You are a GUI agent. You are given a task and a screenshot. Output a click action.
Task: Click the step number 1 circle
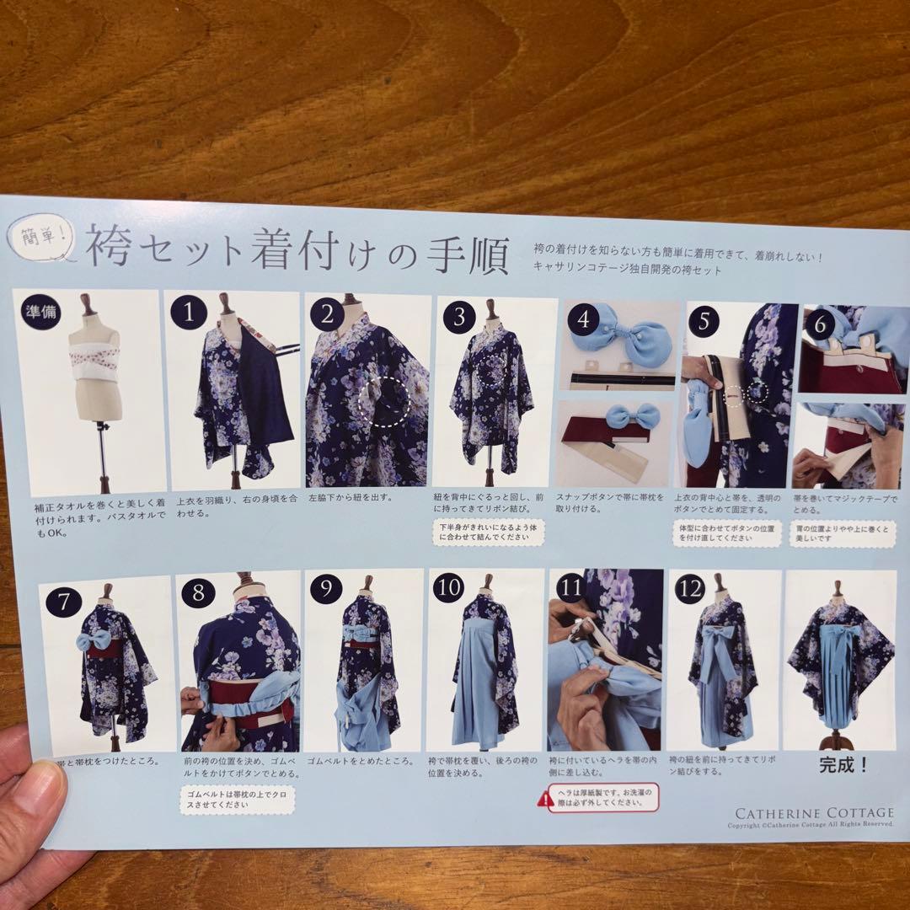tap(194, 314)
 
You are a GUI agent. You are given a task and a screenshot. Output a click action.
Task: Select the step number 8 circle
tap(198, 591)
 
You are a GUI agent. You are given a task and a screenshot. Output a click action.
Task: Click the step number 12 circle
tap(690, 590)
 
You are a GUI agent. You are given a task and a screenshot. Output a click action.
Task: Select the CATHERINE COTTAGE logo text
tap(814, 813)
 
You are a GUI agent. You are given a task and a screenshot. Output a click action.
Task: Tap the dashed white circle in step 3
tap(492, 368)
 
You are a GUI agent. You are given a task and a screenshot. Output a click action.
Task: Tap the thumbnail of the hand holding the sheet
tap(34, 809)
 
